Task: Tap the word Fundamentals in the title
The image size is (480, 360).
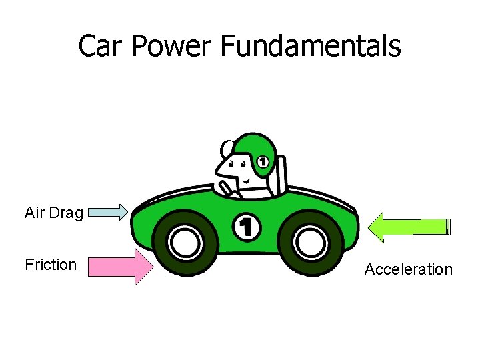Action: tap(309, 46)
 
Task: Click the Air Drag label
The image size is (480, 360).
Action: tap(54, 213)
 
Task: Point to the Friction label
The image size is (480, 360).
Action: tap(51, 265)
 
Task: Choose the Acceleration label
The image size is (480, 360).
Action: tap(408, 269)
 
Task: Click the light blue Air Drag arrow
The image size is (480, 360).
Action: tap(107, 213)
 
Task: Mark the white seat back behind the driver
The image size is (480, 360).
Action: tap(281, 175)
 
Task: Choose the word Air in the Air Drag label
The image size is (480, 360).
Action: tap(34, 213)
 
